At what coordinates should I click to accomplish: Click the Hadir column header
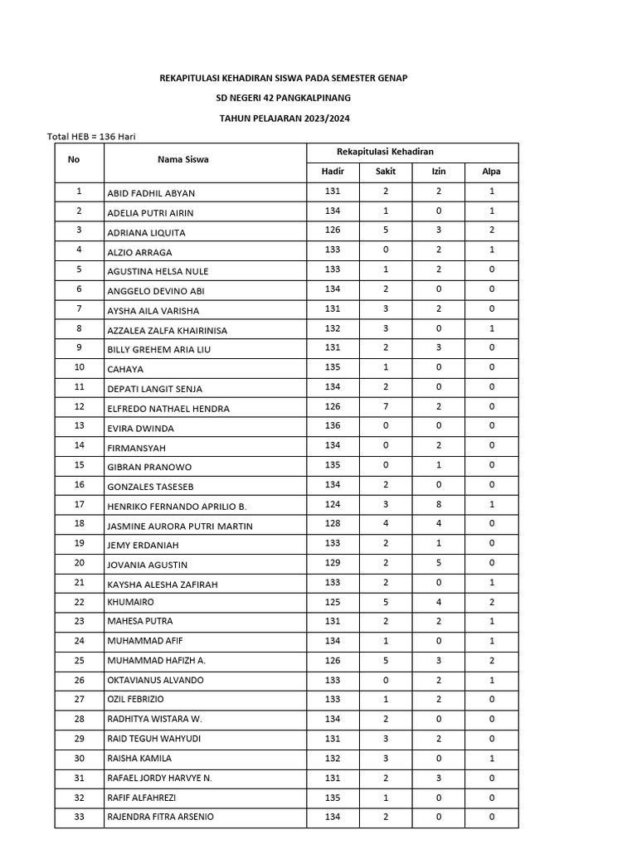332,172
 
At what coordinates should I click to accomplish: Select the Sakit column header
385,172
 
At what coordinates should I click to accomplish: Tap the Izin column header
438,172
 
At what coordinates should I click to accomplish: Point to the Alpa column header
491,172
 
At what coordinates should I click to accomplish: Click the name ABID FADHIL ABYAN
151,193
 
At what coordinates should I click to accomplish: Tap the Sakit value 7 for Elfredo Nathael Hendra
385,407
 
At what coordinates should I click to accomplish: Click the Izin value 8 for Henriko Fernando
438,505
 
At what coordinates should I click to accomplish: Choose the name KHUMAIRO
131,602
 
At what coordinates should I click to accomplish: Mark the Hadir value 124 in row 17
332,505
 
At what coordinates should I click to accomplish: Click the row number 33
79,817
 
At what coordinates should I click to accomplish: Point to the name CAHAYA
126,369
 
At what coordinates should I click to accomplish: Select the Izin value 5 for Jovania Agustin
438,564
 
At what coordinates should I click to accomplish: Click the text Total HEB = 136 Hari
91,136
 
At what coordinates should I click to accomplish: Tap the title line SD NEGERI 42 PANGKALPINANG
283,98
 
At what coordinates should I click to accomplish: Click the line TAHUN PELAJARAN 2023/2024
284,119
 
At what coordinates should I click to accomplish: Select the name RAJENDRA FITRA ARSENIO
160,817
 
